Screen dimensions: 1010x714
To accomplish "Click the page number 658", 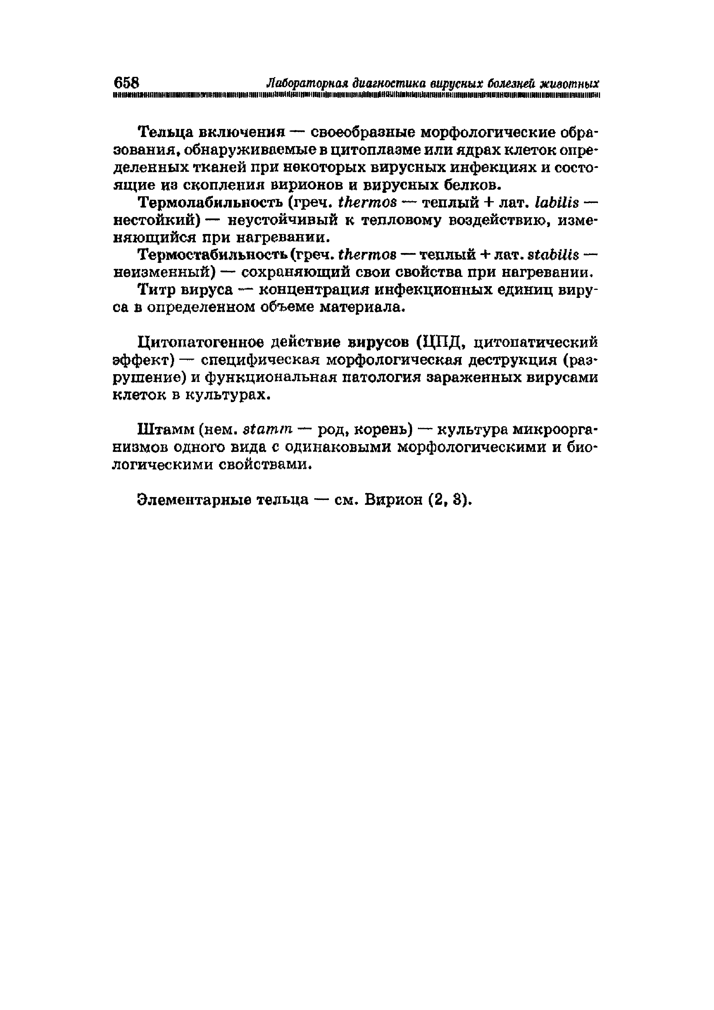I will click(x=126, y=82).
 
